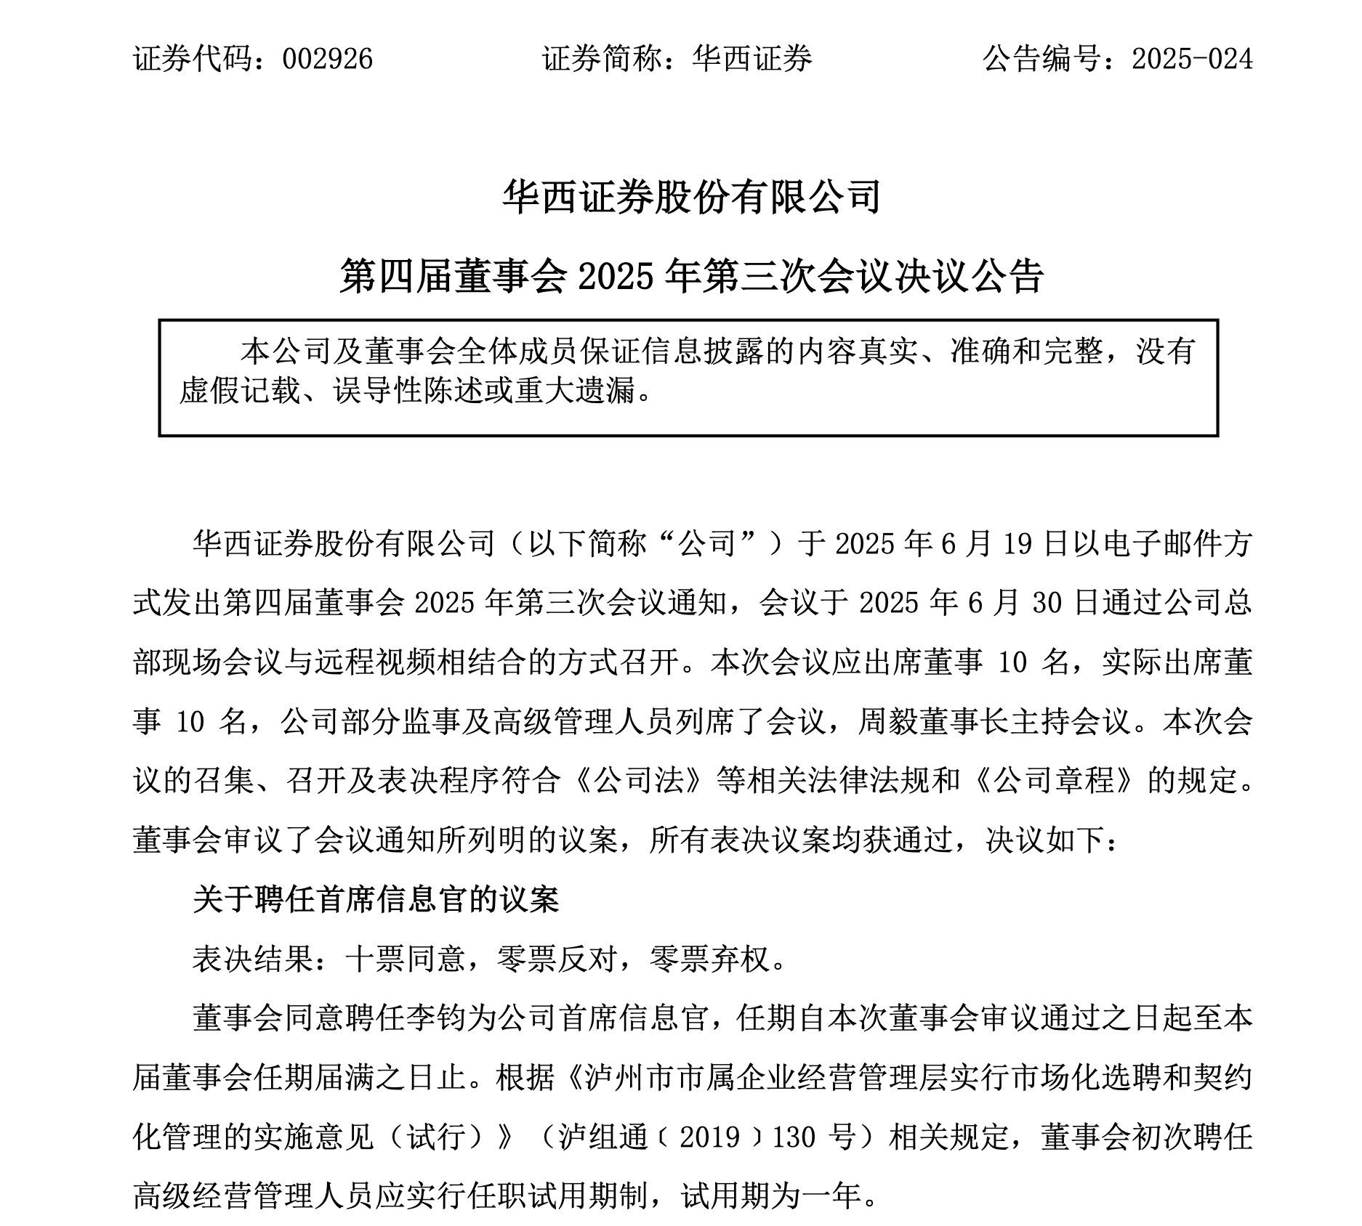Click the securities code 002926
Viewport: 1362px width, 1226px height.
pos(327,59)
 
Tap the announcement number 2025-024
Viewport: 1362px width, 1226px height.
pos(1192,59)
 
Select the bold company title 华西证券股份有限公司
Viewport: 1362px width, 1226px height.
pos(691,196)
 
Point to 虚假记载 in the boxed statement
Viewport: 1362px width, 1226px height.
pos(240,391)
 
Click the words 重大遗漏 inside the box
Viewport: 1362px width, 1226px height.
pos(574,391)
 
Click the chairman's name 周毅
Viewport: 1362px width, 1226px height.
pos(887,722)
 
